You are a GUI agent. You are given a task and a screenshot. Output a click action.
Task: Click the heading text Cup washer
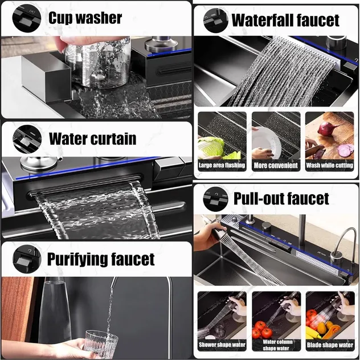tap(85, 18)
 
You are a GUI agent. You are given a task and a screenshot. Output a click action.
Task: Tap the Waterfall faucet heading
tap(285, 20)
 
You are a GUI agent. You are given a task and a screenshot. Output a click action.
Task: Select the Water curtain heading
tap(92, 138)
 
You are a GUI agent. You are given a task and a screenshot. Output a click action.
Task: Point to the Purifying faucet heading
tap(101, 259)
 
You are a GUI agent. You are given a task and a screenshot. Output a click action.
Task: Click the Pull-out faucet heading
tap(281, 198)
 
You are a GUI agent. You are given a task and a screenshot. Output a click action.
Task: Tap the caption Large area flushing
tap(222, 165)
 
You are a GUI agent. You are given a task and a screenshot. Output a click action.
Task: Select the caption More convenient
tap(276, 165)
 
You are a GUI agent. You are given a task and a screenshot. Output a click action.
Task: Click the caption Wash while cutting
tap(329, 165)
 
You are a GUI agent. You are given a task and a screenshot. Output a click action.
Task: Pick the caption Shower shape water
tap(222, 345)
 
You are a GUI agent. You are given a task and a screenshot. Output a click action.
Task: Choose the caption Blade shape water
tap(330, 345)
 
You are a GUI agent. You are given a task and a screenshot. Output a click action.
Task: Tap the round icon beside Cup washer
tap(27, 18)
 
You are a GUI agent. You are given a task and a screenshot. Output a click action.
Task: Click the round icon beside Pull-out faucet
tap(215, 199)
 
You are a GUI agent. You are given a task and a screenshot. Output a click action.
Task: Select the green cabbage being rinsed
tap(212, 148)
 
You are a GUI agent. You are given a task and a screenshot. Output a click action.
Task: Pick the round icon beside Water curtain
tap(27, 139)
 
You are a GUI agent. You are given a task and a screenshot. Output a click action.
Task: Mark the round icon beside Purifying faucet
tap(27, 259)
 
